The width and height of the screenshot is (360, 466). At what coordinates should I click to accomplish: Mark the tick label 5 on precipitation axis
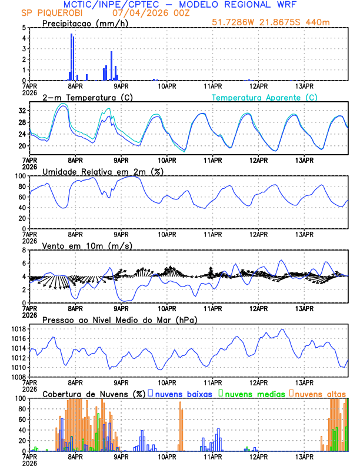[x=23, y=28]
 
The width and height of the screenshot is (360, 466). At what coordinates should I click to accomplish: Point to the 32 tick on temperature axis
[x=21, y=111]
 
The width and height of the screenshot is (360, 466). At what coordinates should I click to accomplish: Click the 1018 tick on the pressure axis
[x=18, y=329]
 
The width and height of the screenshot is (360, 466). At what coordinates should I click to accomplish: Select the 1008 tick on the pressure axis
[x=18, y=377]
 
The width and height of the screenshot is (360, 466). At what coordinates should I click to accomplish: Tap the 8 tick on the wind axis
[x=23, y=250]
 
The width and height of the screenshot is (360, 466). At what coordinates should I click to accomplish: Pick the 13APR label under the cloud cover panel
[x=304, y=457]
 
